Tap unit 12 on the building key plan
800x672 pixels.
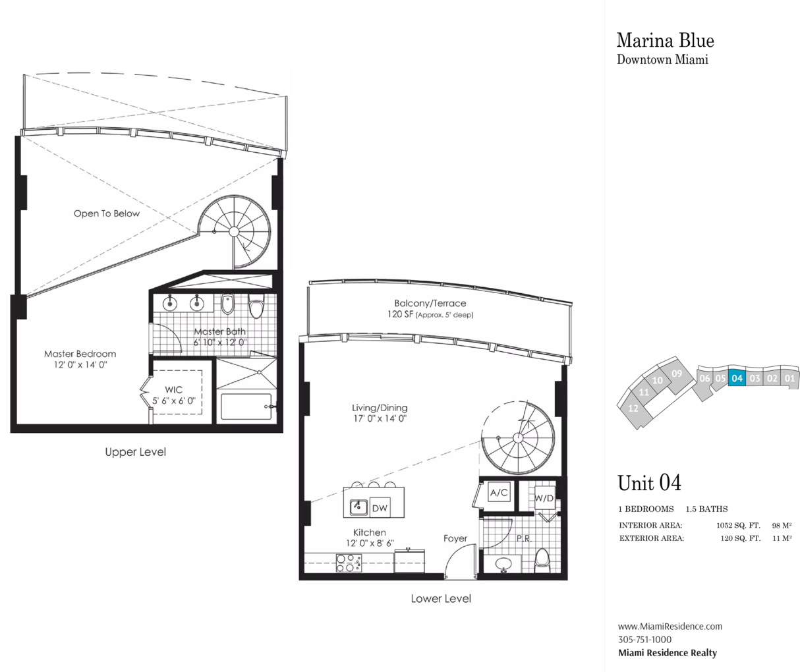(x=634, y=408)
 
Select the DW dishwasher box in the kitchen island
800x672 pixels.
(x=380, y=508)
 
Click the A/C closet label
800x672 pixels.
(x=499, y=492)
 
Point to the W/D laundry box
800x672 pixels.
(x=544, y=497)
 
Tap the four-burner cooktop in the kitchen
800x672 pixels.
(x=349, y=563)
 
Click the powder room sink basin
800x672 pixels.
(x=503, y=564)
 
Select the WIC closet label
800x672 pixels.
(x=173, y=389)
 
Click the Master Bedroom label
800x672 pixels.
(x=80, y=354)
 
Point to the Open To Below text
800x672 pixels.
(x=107, y=213)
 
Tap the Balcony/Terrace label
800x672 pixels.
(x=430, y=303)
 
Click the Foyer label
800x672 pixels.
(x=455, y=538)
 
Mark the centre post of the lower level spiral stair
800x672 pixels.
(x=518, y=437)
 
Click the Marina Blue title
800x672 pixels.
(x=665, y=40)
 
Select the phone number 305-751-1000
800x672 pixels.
(x=644, y=640)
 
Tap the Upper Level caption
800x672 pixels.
(x=135, y=452)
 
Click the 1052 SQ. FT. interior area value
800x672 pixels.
(x=738, y=525)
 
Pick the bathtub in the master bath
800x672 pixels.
(x=246, y=406)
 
